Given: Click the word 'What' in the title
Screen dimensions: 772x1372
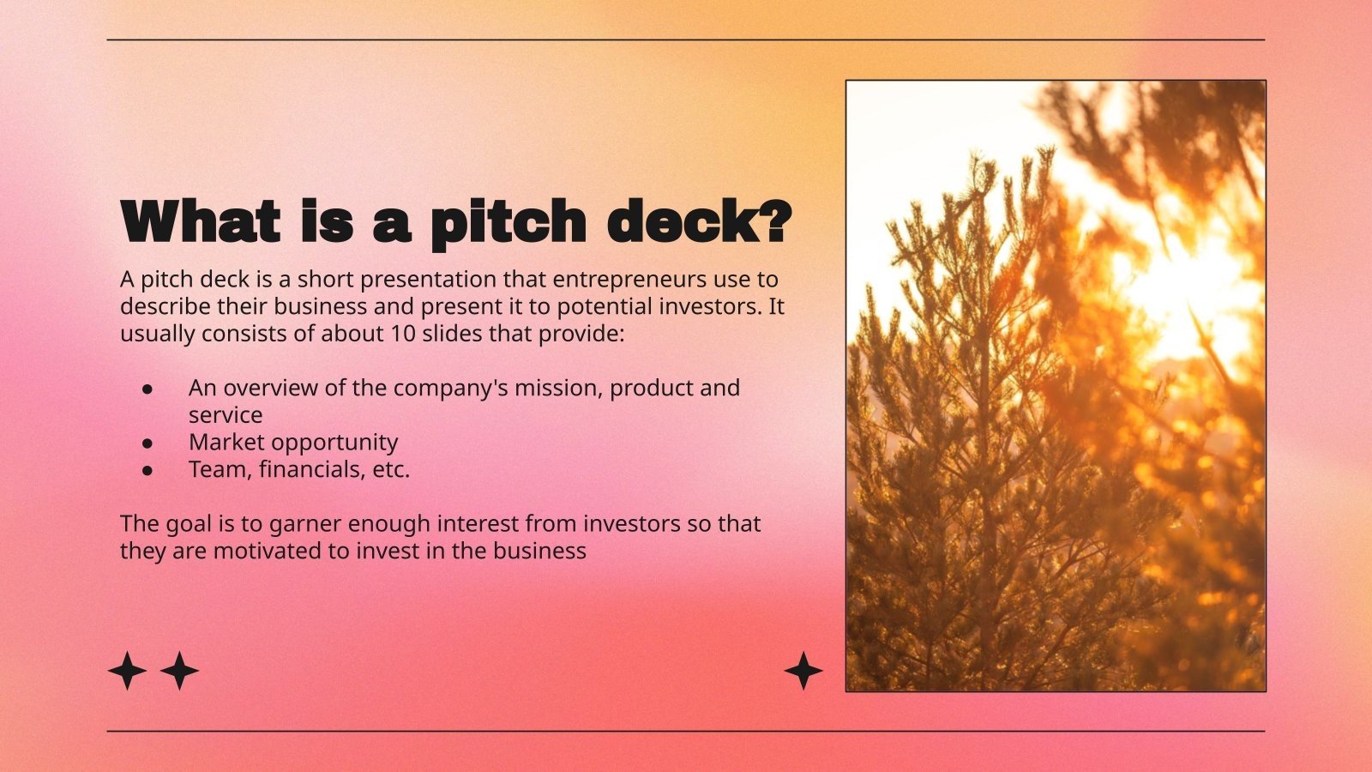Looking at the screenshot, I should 201,222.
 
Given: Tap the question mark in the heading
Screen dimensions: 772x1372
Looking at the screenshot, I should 773,222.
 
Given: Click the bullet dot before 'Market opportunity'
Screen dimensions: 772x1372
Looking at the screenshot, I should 147,443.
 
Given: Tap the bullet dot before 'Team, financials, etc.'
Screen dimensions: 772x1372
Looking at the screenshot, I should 147,470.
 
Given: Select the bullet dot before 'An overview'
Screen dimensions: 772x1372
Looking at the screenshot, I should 147,389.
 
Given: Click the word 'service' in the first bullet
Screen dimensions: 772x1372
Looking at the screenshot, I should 226,415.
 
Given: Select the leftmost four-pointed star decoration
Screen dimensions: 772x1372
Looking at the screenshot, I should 127,671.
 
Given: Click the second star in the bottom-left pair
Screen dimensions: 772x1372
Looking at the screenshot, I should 179,671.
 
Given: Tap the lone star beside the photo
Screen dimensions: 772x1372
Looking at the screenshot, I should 803,671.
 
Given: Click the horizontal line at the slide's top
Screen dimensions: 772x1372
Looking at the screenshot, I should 686,39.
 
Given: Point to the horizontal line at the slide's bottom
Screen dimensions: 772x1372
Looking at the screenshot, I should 686,732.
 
